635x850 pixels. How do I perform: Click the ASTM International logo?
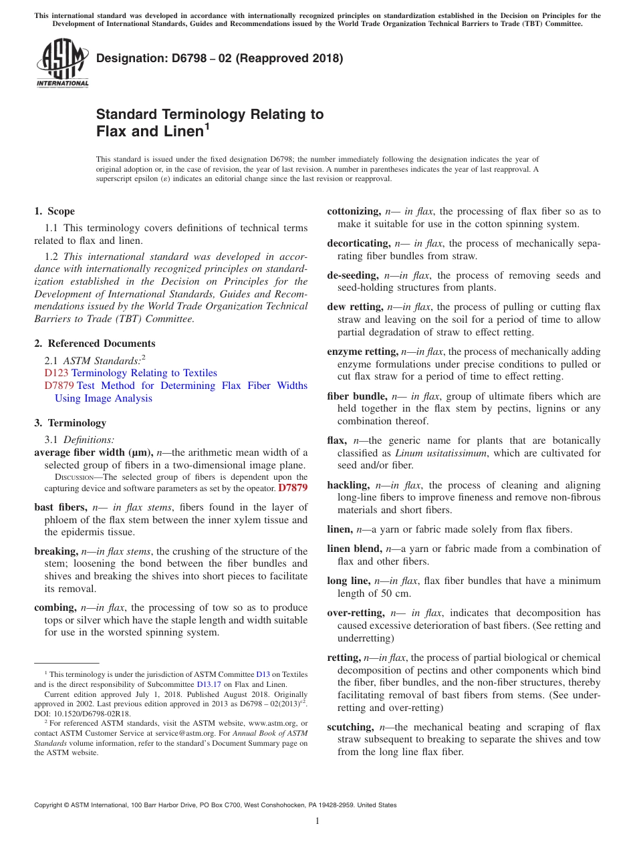(x=62, y=63)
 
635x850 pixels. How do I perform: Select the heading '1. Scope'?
(x=55, y=211)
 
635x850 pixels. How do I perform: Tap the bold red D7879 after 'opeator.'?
(x=293, y=488)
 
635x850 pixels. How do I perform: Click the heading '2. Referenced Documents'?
(x=95, y=343)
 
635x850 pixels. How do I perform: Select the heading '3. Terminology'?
(x=70, y=423)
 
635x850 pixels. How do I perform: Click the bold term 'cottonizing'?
(x=354, y=211)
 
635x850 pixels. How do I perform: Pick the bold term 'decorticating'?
(x=358, y=243)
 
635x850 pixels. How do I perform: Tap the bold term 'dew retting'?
(x=354, y=307)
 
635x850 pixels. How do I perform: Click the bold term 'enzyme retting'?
(x=361, y=351)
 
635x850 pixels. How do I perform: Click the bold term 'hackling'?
(x=348, y=485)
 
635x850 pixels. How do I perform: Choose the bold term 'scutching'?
(x=350, y=727)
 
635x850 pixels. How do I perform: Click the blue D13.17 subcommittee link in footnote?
(x=209, y=684)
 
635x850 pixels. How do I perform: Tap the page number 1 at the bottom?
(x=317, y=821)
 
